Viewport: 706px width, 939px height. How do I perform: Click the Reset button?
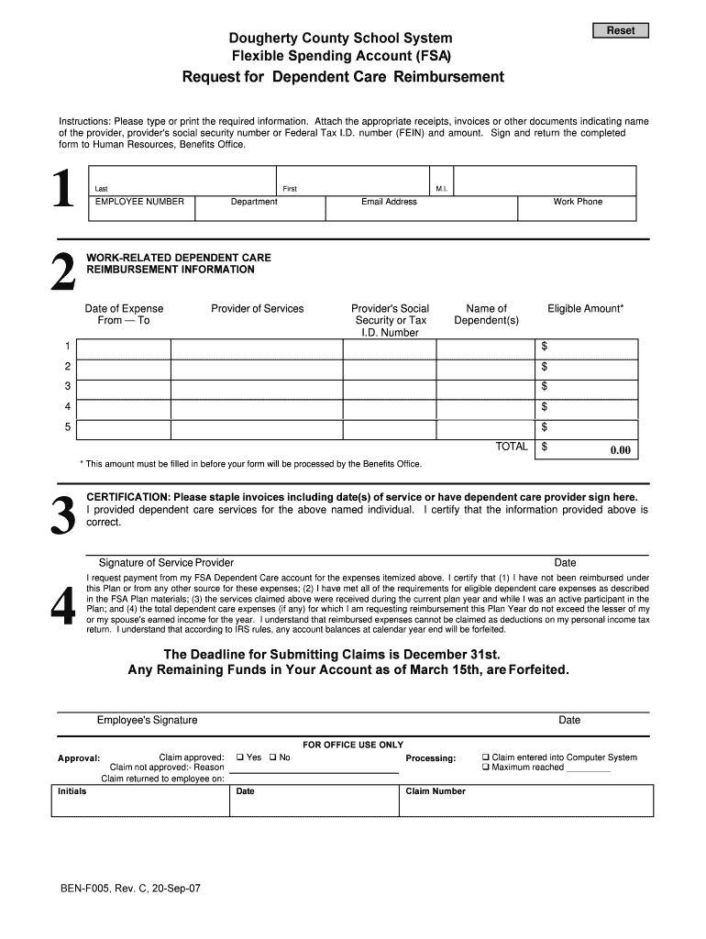(x=621, y=30)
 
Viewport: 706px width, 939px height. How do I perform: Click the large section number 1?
(x=62, y=193)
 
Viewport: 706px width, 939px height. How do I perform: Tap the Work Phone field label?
(x=577, y=202)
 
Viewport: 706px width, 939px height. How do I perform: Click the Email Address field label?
(x=389, y=202)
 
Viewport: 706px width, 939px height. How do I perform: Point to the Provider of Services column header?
(x=257, y=309)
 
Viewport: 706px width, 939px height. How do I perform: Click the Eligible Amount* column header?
(x=585, y=309)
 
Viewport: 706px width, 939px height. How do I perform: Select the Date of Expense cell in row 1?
(x=124, y=348)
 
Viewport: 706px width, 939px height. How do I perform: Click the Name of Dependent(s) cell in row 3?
(x=486, y=389)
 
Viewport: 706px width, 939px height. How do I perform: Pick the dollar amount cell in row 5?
(x=587, y=429)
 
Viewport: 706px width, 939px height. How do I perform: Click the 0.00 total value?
(x=621, y=450)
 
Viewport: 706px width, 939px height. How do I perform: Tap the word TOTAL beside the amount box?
(x=512, y=447)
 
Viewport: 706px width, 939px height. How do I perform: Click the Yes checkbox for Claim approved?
(x=240, y=757)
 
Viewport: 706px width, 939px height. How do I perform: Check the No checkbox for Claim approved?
(x=273, y=757)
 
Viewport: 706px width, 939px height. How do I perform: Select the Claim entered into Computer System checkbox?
(x=486, y=757)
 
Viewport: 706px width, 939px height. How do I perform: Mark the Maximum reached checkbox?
(x=486, y=768)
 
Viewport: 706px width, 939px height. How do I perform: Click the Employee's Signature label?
(x=147, y=721)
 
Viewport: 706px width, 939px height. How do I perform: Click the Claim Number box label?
(x=436, y=791)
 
